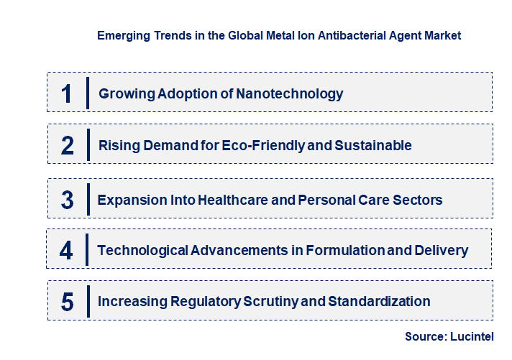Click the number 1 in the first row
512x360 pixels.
(x=67, y=93)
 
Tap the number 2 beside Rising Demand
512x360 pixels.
(x=67, y=145)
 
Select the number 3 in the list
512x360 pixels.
(x=67, y=200)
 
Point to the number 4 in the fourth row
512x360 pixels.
(x=67, y=250)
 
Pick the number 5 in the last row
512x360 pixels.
(x=67, y=301)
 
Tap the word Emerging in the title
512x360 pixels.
(x=122, y=34)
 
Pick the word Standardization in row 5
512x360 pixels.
(x=379, y=301)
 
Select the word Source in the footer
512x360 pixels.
(x=425, y=336)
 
